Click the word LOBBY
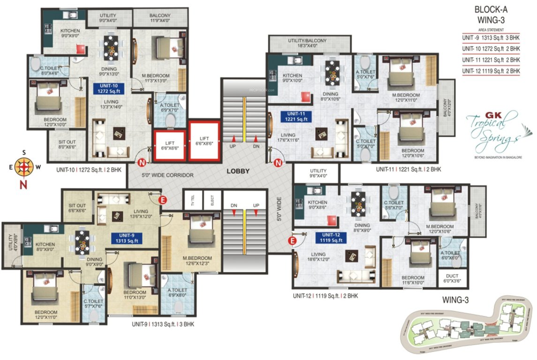[x=238, y=171]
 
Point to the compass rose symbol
[x=22, y=166]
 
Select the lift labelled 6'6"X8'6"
[x=204, y=141]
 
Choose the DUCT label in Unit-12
[x=453, y=278]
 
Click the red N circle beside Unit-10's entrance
[x=141, y=163]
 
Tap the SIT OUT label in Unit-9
[x=77, y=208]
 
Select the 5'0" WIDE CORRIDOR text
[x=167, y=175]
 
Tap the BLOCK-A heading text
[x=491, y=9]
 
